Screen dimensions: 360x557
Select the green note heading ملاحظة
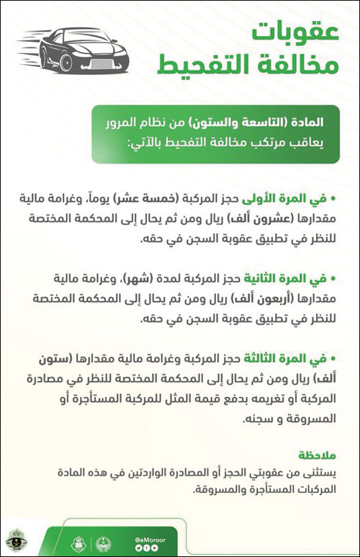click(x=318, y=455)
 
